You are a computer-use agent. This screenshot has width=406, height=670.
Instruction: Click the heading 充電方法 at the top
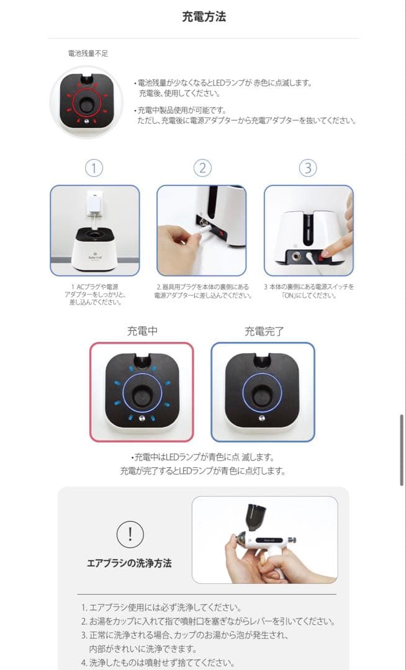204,17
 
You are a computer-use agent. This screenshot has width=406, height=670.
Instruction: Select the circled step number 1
93,168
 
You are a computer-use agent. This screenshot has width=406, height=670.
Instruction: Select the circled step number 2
202,168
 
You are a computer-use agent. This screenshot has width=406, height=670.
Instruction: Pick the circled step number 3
308,168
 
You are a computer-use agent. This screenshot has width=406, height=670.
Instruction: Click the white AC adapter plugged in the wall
95,202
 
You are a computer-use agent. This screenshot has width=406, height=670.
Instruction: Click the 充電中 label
142,331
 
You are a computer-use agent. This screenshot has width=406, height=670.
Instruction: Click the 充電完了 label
264,331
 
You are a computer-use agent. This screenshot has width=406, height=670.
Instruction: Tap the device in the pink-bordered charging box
142,392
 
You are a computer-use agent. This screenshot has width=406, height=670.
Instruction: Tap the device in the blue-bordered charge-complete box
263,392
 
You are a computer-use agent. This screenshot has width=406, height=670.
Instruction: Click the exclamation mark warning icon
130,534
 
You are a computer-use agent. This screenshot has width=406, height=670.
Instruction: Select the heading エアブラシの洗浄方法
129,563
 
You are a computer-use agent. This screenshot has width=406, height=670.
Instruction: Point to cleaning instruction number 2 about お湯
208,621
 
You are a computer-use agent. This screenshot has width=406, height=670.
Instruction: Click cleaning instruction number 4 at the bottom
158,663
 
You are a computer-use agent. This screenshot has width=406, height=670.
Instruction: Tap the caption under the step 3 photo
309,290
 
